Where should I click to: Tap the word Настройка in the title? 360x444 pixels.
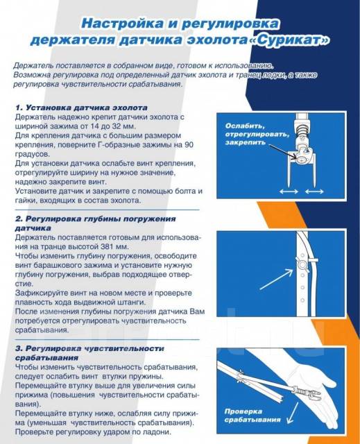click(x=122, y=24)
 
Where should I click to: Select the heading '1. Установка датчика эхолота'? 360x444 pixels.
click(x=81, y=108)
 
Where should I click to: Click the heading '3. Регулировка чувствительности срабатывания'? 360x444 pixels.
click(x=89, y=353)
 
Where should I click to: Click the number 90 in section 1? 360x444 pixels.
click(x=189, y=145)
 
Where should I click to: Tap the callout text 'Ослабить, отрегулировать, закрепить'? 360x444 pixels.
click(x=257, y=134)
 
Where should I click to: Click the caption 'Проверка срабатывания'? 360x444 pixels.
click(x=252, y=416)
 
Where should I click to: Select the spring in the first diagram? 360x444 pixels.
click(x=302, y=130)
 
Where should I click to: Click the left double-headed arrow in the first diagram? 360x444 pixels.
click(x=289, y=191)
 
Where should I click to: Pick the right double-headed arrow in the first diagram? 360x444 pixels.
click(x=314, y=191)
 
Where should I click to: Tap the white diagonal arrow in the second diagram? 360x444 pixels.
click(x=276, y=279)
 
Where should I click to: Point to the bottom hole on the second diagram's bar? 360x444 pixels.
click(x=302, y=300)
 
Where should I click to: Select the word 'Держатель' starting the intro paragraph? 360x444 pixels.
click(x=33, y=66)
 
